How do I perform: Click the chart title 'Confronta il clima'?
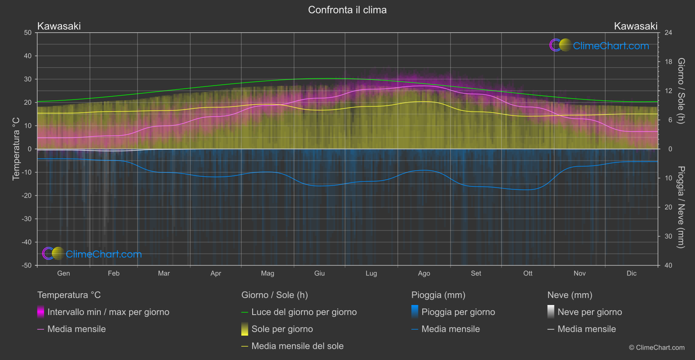(347, 10)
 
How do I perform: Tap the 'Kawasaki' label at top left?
(59, 26)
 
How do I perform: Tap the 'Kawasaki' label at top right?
(635, 26)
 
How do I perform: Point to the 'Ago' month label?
(424, 274)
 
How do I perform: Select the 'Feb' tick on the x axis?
(113, 274)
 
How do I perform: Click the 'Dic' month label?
(631, 274)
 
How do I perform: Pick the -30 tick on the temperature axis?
(27, 219)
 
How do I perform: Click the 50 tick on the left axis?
(28, 33)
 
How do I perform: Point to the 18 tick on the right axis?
(668, 62)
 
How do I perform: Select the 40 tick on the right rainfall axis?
(668, 265)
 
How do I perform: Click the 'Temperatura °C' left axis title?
(16, 149)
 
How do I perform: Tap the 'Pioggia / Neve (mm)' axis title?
(681, 207)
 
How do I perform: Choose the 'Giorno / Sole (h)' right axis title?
(681, 91)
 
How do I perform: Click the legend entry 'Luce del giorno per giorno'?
(304, 312)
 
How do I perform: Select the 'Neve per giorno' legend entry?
(589, 312)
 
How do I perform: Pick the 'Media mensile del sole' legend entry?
(297, 346)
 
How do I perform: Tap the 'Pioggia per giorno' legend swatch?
(415, 312)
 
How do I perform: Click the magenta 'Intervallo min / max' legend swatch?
(41, 312)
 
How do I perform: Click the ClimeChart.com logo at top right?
(599, 45)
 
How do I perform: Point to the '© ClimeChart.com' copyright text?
(657, 348)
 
